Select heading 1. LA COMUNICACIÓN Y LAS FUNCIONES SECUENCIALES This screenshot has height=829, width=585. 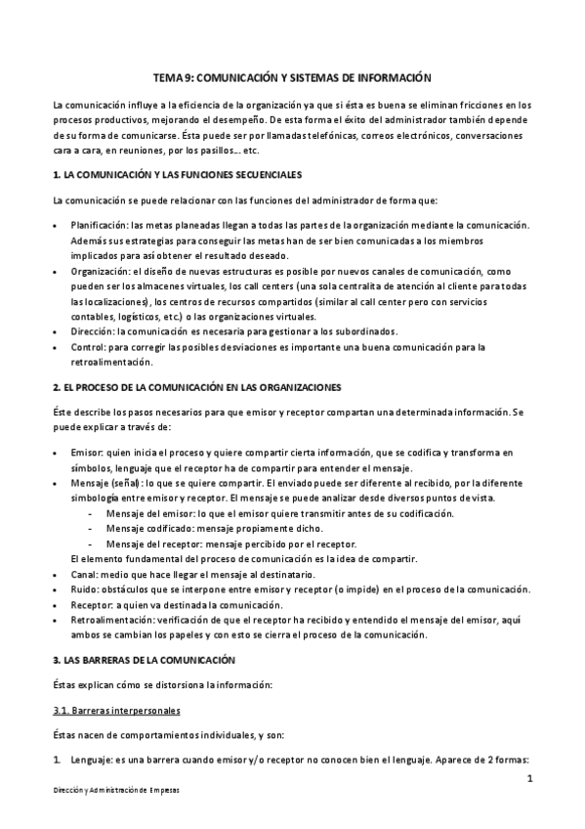pyautogui.click(x=177, y=174)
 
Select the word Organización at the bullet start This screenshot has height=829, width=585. pyautogui.click(x=102, y=271)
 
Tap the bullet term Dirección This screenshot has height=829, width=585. pyautogui.click(x=94, y=331)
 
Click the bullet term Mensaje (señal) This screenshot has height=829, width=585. pyautogui.click(x=106, y=483)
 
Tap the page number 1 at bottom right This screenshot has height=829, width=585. pyautogui.click(x=528, y=779)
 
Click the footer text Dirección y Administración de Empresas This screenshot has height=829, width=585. pyautogui.click(x=116, y=789)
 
